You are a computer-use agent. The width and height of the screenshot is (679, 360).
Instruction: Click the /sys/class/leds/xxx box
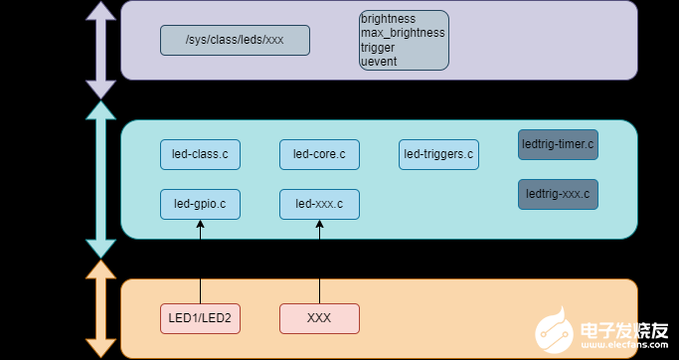[235, 41]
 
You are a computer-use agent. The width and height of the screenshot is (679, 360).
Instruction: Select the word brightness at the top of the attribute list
[389, 19]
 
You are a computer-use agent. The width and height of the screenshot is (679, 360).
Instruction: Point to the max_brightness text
[403, 33]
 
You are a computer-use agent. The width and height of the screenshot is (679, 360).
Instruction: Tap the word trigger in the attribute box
[378, 47]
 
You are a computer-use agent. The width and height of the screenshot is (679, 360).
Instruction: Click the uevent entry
[378, 61]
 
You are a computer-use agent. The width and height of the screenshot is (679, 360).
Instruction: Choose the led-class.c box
[200, 154]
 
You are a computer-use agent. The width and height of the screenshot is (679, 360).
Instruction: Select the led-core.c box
[319, 154]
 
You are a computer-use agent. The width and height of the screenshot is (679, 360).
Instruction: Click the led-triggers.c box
[438, 154]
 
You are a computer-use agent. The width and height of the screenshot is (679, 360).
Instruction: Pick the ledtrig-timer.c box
[558, 144]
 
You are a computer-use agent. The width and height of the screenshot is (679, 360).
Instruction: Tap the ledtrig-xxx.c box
[558, 194]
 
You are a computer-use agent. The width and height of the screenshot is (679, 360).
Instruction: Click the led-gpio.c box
[200, 204]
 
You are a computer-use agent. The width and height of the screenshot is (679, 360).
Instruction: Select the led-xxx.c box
[319, 204]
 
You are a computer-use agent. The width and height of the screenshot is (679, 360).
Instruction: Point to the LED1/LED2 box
[201, 319]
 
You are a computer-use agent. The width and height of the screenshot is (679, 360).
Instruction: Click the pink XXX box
[319, 319]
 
